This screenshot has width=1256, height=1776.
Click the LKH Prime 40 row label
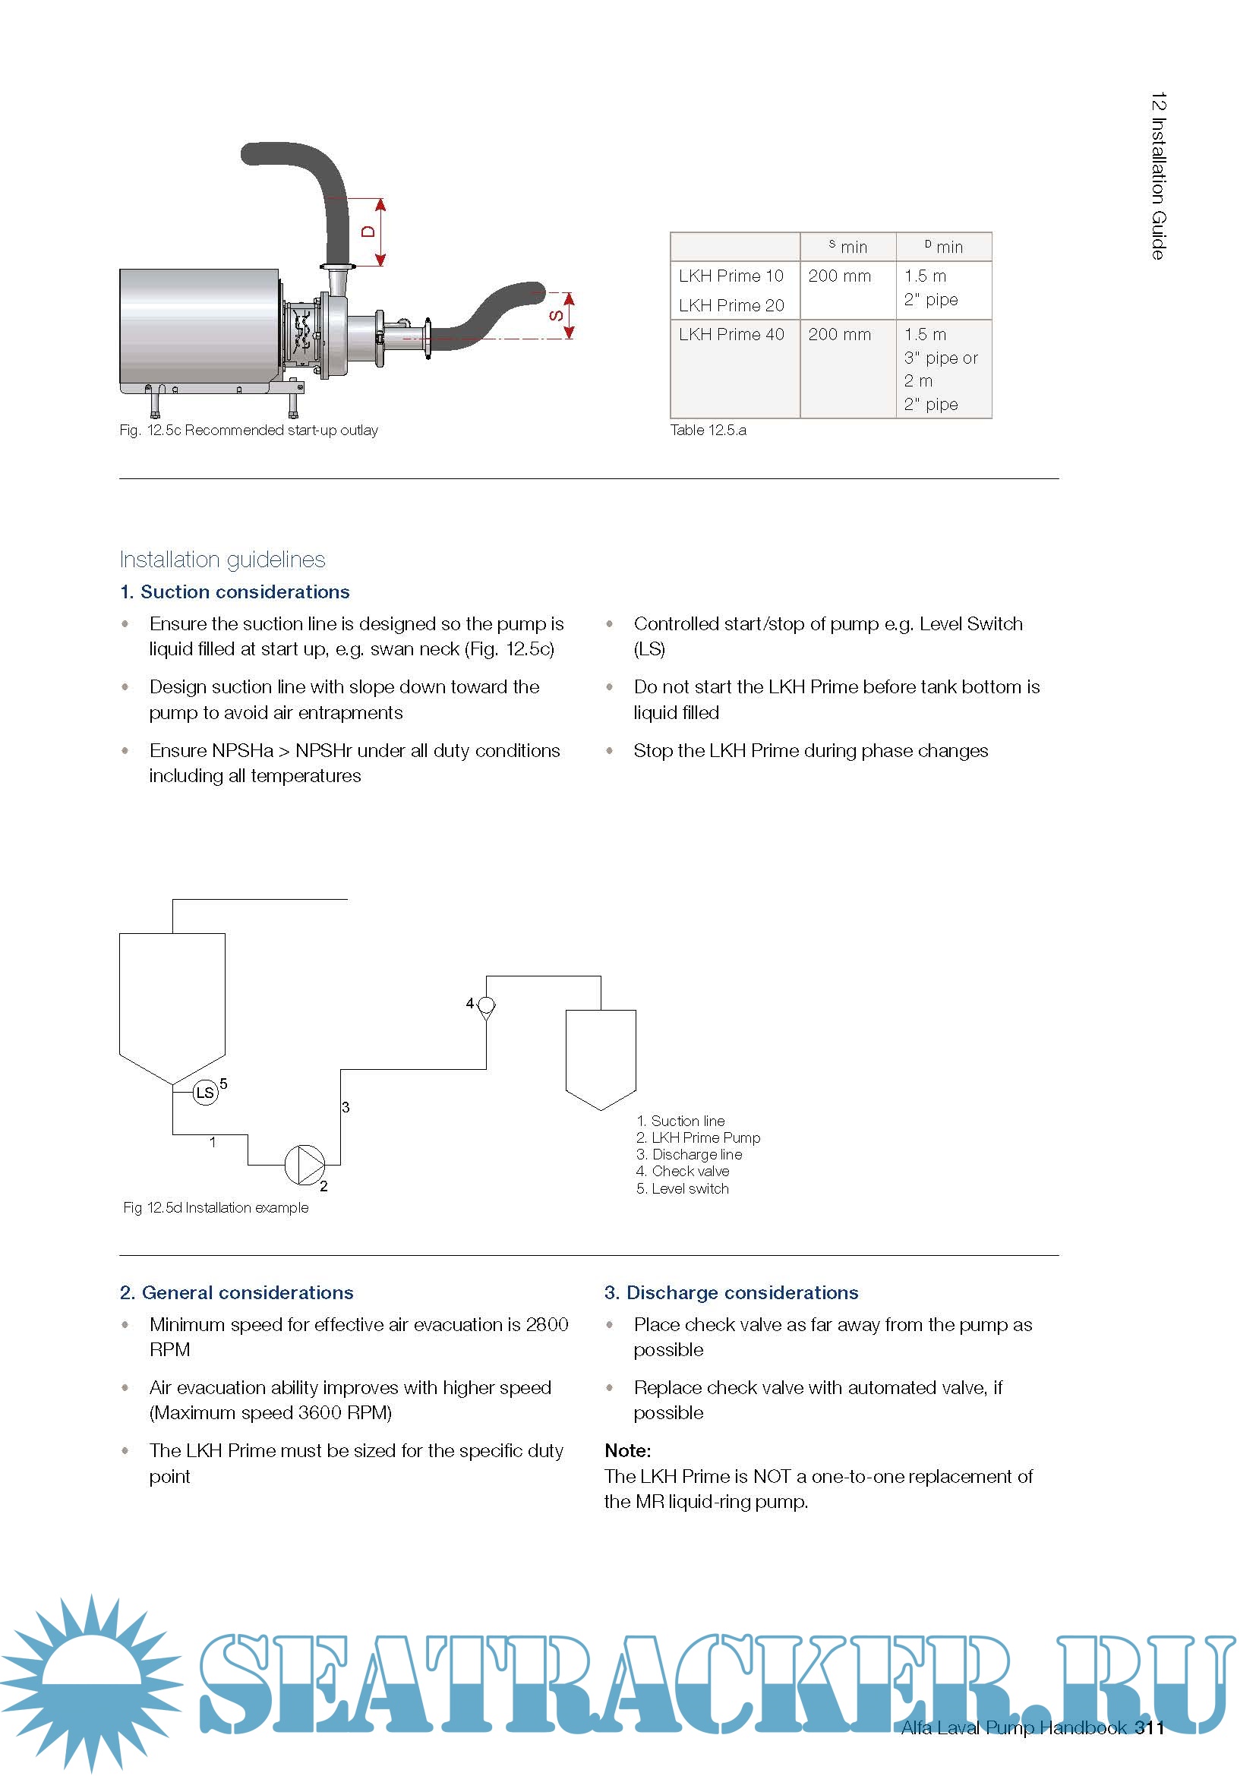point(731,334)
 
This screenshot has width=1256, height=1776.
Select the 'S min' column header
point(848,246)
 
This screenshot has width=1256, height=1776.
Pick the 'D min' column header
point(944,246)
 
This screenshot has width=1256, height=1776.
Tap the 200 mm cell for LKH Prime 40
point(839,334)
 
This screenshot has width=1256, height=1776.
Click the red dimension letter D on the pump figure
point(369,232)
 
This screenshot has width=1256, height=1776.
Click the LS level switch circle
point(205,1092)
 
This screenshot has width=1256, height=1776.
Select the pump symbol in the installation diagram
point(305,1164)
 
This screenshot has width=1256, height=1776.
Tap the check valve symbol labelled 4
point(487,1005)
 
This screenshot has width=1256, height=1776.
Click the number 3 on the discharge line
point(346,1108)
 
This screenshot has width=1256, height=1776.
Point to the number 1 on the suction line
point(213,1142)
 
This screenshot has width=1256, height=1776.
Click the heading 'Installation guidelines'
point(222,560)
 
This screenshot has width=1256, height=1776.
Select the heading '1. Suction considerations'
point(235,591)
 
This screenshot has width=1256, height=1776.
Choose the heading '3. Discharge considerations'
point(731,1292)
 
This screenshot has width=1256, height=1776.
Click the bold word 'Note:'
point(627,1450)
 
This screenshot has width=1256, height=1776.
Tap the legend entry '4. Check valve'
point(682,1171)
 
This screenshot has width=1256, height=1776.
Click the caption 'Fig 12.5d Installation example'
point(216,1207)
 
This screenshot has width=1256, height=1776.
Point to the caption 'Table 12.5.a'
point(708,430)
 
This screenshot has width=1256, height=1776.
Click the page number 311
point(1149,1728)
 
